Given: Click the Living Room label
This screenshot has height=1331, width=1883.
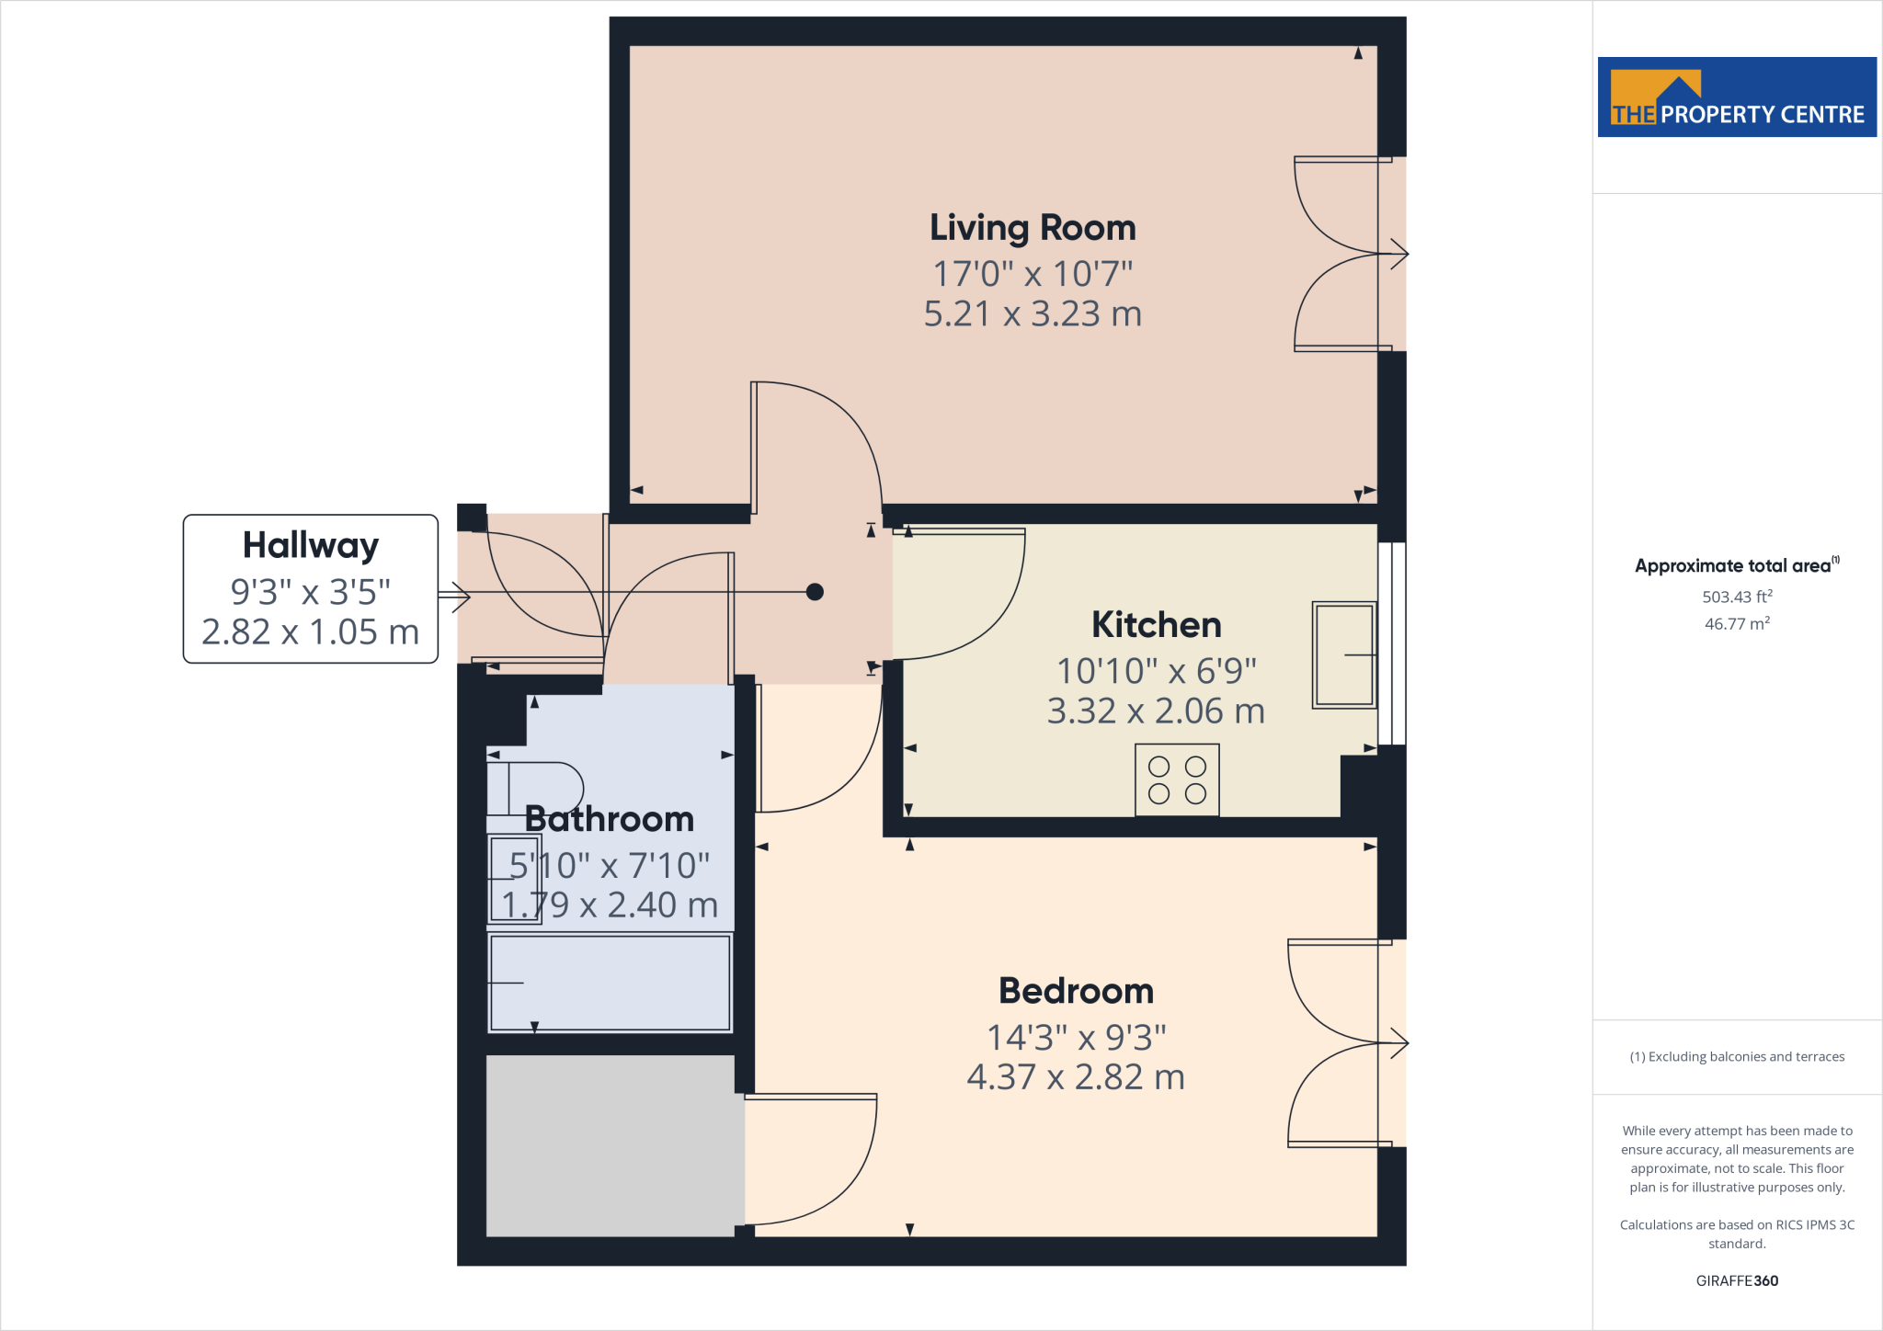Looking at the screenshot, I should tap(1033, 228).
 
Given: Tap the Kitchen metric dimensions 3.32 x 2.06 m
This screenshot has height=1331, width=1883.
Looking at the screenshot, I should tap(1156, 711).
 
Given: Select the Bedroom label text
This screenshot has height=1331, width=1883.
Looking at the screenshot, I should tap(1076, 991).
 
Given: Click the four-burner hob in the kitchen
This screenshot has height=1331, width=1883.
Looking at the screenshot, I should tap(1177, 779).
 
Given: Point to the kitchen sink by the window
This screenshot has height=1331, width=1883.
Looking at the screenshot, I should tap(1343, 654).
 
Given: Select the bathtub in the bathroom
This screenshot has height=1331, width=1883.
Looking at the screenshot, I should tap(610, 983).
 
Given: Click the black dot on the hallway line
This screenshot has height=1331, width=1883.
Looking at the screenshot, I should tap(815, 592).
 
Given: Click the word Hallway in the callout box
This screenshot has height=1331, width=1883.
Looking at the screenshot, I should tap(310, 545).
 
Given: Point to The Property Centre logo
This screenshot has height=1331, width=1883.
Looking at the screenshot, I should tap(1736, 97).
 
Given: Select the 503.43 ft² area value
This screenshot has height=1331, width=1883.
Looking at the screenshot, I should tap(1736, 597).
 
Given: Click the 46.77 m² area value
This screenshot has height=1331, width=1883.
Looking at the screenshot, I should tap(1736, 623).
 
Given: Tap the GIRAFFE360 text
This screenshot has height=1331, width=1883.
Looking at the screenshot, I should tap(1736, 1280).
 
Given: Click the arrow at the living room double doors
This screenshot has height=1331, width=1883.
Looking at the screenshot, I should tap(1398, 254).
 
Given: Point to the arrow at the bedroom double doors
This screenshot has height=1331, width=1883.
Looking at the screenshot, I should tap(1398, 1043).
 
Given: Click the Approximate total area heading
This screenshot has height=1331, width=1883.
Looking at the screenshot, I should tap(1734, 566).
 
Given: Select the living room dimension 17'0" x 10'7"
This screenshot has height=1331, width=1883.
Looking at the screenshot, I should tap(1033, 274).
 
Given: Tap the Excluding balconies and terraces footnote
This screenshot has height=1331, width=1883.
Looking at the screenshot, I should tap(1736, 1056).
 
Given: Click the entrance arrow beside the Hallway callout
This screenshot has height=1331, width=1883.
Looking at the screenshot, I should tap(456, 597).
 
